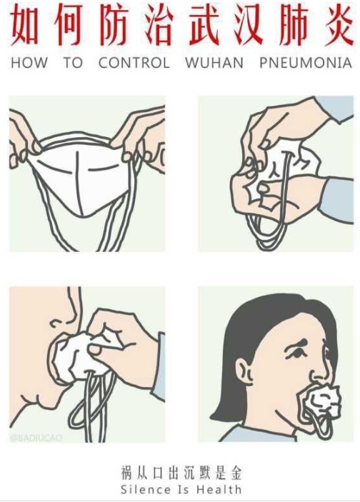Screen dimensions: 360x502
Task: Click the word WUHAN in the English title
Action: [x=214, y=62]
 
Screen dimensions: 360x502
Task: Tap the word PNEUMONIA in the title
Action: [x=306, y=62]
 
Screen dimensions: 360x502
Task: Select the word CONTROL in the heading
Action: [x=134, y=62]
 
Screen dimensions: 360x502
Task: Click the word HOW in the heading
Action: [x=29, y=62]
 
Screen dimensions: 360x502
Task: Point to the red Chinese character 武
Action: [x=206, y=25]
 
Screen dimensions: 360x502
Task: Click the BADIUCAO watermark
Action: [x=36, y=437]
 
